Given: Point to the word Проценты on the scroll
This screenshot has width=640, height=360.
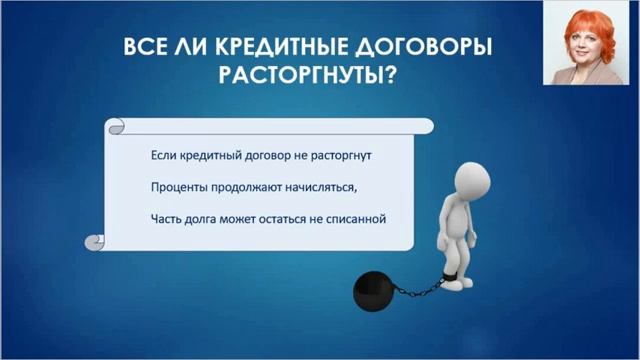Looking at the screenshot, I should (x=180, y=188).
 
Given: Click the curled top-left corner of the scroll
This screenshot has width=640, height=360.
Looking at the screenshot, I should (x=117, y=128).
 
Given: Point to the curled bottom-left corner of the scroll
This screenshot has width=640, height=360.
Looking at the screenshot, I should (x=96, y=241).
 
